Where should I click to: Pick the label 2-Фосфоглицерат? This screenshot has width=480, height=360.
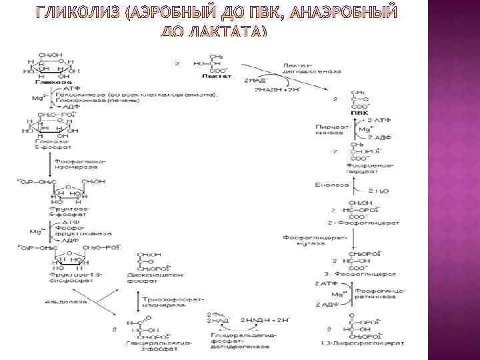point(364,221)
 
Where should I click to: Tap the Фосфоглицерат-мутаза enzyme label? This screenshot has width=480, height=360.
point(305,240)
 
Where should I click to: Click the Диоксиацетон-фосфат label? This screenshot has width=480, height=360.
point(160,276)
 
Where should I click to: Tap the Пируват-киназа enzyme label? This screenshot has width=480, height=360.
point(326,131)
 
